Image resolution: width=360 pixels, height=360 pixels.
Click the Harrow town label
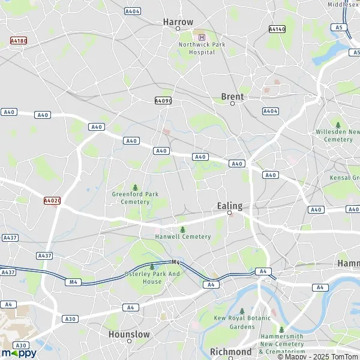pos(178,22)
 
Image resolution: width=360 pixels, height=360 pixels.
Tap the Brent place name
pos(232,96)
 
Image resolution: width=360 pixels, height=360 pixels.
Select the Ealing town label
pos(229,206)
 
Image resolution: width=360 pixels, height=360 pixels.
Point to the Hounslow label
pos(129,334)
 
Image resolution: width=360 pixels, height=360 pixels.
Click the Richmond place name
pos(230,352)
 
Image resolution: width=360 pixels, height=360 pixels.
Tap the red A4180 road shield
pos(19,41)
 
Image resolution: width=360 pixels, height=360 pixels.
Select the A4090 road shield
pos(163,101)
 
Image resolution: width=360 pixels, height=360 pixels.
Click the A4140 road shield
pos(277,29)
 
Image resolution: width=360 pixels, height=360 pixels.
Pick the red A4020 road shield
pos(52,201)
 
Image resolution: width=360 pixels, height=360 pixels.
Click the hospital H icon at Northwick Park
pos(202,37)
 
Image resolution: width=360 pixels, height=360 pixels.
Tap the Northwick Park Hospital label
pos(197,48)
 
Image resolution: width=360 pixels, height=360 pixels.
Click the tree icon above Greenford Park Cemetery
pos(134,187)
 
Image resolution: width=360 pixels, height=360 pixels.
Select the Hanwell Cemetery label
pos(183,236)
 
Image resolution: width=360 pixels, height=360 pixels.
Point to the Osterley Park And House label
pos(152,278)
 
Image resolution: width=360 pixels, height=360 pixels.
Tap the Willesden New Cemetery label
pos(338,136)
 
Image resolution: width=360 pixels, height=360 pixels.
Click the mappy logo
pos(19,353)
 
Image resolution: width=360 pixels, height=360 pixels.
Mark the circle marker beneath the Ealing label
pos(229,213)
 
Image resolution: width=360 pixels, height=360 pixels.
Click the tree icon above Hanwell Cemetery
pos(182,229)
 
